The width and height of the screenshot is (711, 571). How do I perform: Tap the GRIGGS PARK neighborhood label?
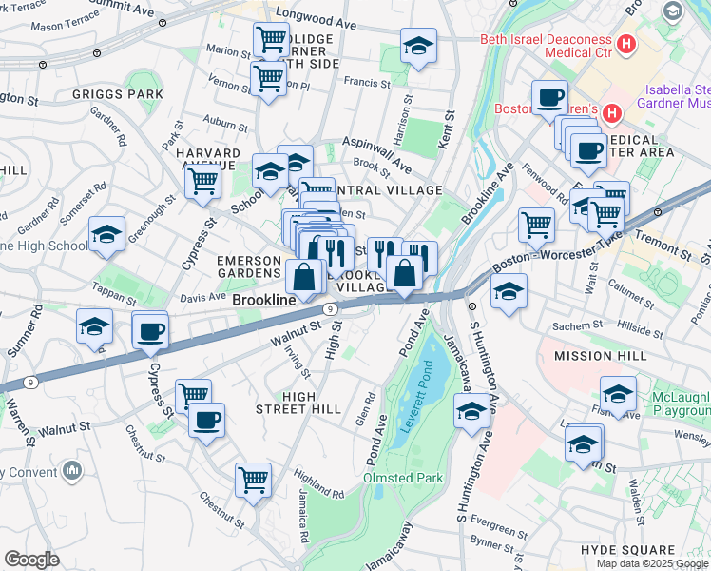(x=118, y=95)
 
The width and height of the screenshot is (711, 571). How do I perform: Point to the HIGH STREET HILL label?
(x=298, y=408)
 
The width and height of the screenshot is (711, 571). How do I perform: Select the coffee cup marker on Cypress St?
(x=150, y=332)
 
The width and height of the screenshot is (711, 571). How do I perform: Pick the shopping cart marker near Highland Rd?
(x=253, y=482)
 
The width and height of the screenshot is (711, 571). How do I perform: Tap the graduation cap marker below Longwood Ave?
(x=417, y=47)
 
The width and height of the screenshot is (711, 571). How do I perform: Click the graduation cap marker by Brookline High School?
(x=106, y=235)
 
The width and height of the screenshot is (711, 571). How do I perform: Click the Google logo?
(x=32, y=560)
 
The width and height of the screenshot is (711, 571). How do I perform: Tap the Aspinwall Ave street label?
(x=376, y=151)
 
